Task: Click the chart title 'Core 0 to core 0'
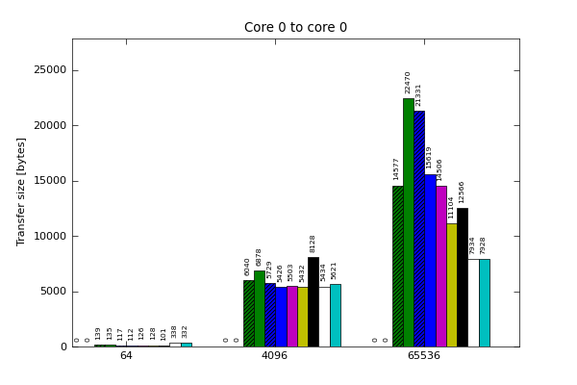tap(295, 28)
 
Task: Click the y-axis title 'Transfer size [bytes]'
tap(21, 191)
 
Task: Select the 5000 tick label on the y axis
tap(48, 292)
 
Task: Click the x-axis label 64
tap(126, 356)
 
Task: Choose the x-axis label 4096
tap(275, 356)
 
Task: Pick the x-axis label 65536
tap(424, 356)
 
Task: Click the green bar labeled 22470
tap(409, 222)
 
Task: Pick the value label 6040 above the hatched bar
tap(248, 267)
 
